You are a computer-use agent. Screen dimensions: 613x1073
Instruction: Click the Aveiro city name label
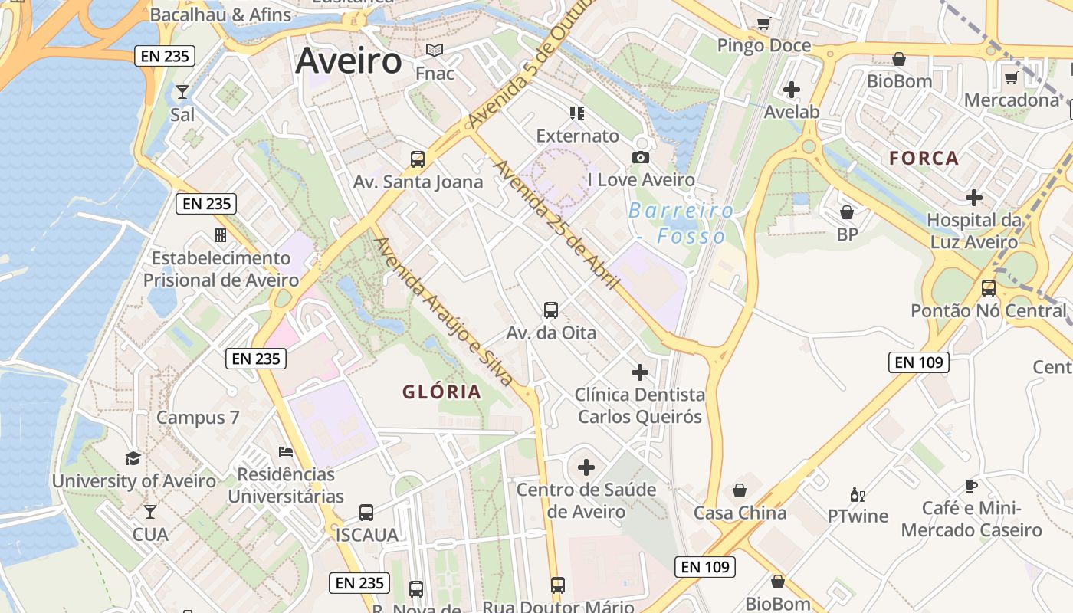coord(349,61)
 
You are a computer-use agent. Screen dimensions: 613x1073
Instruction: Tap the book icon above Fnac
coord(435,51)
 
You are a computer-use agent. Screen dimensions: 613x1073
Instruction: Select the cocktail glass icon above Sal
coord(182,93)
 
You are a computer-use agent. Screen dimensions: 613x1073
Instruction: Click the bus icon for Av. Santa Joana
coord(418,159)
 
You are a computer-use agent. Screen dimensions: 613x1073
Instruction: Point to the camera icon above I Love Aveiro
coord(641,157)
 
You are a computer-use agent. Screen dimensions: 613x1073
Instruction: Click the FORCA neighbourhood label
coord(924,159)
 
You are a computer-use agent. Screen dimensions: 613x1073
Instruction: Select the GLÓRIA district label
coord(442,392)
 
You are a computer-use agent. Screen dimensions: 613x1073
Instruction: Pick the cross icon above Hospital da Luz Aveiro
coord(974,198)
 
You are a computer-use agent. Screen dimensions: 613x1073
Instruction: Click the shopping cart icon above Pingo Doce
coord(763,24)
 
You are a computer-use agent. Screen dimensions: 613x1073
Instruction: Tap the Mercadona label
coord(1012,100)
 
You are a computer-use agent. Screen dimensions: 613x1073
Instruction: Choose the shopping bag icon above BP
coord(847,212)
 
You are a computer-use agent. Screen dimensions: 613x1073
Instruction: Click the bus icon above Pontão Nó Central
coord(989,289)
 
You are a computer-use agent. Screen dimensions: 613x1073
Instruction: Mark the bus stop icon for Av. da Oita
coord(551,310)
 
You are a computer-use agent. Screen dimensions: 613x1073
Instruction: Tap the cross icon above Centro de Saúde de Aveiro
coord(586,467)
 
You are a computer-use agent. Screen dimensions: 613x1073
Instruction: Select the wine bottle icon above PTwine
coord(857,494)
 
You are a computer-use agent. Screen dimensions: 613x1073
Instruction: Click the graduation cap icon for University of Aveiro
coord(133,459)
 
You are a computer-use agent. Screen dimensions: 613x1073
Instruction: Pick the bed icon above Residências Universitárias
coord(286,452)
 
